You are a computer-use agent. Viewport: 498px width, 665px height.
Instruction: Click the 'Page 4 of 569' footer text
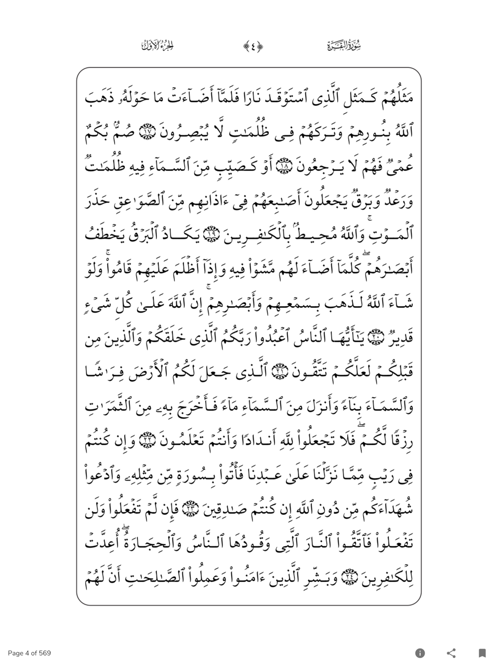click(x=29, y=653)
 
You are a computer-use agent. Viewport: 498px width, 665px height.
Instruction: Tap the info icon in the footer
click(x=420, y=653)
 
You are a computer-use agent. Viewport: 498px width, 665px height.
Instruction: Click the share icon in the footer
click(x=451, y=653)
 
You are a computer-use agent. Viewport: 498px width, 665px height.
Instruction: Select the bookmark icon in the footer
click(x=482, y=653)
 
